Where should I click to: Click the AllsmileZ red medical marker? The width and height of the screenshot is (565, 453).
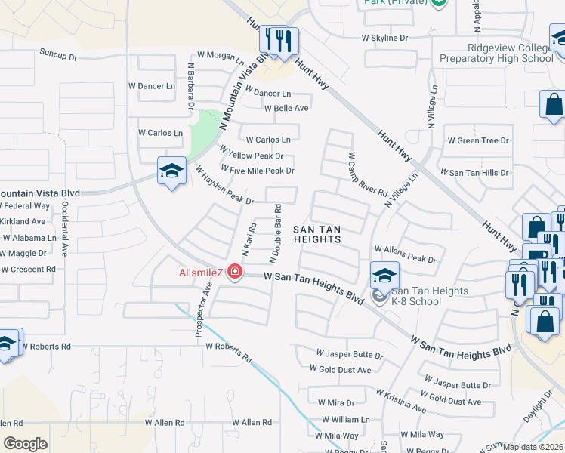235,272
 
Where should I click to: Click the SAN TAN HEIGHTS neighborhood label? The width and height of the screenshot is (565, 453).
317,233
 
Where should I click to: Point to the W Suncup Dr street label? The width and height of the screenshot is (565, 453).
58,56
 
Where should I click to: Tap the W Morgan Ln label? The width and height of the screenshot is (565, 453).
221,56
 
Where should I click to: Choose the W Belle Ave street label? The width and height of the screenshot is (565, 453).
286,108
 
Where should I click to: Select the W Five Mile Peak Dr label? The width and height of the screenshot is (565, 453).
256,171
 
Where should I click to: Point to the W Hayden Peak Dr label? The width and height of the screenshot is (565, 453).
224,186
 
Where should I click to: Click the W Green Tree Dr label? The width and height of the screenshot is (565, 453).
478,140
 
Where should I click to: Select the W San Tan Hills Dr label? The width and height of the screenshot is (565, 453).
474,173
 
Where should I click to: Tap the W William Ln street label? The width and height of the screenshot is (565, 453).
346,419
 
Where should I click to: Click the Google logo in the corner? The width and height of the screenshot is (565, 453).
25,444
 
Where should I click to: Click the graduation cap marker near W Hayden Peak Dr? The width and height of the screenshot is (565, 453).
171,171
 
